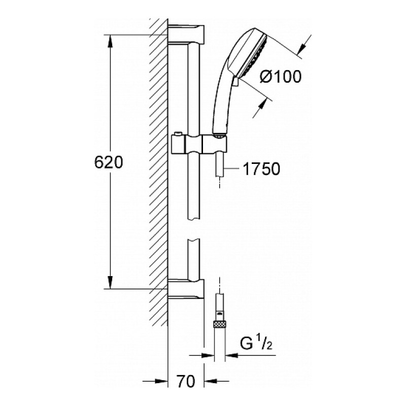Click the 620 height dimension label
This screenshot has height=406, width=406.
[x=110, y=162]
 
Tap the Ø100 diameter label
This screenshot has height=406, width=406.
[x=280, y=76]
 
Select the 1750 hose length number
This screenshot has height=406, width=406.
[x=262, y=169]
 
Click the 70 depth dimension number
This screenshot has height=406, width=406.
[x=187, y=381]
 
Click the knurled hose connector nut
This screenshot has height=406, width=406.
[x=219, y=324]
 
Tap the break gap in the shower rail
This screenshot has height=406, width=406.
[x=194, y=228]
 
